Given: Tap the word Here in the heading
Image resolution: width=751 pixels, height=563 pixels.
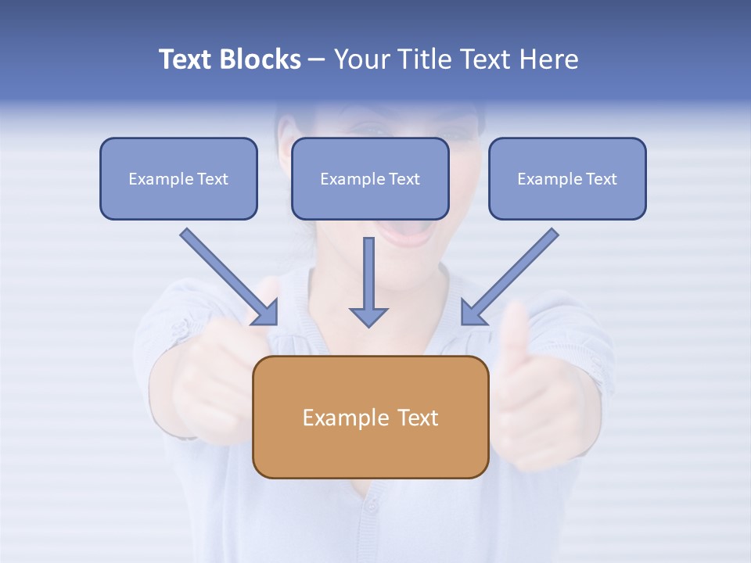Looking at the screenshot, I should (x=547, y=59).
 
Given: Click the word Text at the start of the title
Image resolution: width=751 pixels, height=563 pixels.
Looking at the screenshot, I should (x=186, y=59).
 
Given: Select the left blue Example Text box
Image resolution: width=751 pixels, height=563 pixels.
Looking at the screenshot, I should (x=178, y=179).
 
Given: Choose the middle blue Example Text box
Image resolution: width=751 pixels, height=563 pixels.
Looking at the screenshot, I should (x=370, y=179).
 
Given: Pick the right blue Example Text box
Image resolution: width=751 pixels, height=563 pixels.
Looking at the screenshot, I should (x=567, y=179).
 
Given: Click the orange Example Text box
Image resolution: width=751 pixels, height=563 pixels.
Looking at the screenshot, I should (x=370, y=417).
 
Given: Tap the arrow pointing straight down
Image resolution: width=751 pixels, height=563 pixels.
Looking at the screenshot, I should (x=368, y=274).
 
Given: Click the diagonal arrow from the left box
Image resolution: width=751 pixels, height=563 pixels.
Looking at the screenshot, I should (x=223, y=271).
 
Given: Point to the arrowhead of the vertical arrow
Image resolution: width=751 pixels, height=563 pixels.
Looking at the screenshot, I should (x=368, y=316).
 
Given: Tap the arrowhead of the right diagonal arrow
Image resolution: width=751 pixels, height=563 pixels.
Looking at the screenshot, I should (x=472, y=314).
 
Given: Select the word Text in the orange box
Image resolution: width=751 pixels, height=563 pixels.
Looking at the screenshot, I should (x=419, y=418).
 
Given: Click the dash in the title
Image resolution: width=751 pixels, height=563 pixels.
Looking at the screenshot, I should (x=317, y=59).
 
